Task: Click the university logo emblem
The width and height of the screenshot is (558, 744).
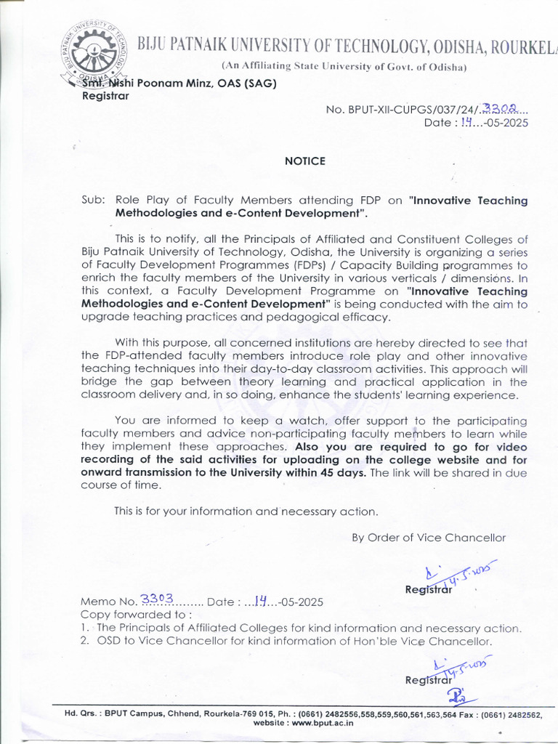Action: [x=95, y=51]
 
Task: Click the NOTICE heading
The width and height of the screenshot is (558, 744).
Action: [x=305, y=161]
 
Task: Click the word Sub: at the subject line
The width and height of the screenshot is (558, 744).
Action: [x=94, y=201]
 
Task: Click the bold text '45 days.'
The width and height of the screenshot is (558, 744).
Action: [x=344, y=472]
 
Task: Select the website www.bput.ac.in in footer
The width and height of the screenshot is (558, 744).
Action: [x=322, y=723]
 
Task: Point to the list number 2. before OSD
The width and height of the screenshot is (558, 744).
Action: [x=85, y=642]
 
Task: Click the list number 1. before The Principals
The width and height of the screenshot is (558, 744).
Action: [x=85, y=628]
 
